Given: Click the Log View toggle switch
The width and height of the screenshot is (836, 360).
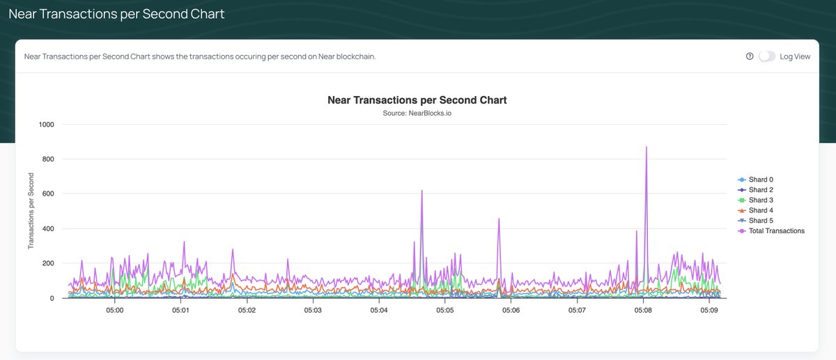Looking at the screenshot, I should point(766,56).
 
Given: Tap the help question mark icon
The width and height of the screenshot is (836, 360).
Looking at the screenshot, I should point(750,56).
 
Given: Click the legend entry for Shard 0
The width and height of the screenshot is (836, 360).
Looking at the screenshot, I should point(760,180).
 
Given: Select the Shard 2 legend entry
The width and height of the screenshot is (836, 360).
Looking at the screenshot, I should point(760,190).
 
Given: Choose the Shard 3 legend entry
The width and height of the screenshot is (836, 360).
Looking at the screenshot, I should point(760,201).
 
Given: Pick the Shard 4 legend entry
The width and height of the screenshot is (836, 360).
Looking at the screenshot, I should point(760,210).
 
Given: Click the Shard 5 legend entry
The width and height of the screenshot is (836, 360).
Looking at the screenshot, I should point(760,221).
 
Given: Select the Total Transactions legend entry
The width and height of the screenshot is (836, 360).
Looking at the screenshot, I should point(775,231).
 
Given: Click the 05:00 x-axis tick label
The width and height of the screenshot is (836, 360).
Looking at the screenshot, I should point(114,311).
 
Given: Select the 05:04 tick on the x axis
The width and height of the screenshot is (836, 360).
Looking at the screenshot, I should point(379,311).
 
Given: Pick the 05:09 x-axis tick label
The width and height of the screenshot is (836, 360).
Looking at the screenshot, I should point(709,311).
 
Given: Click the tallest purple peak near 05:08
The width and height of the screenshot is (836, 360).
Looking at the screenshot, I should point(647,148).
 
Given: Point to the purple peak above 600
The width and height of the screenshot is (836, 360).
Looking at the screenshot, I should point(422,191).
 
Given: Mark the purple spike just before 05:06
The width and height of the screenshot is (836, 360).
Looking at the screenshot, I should point(499,219).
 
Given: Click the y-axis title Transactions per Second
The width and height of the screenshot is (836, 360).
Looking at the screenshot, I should point(31,211).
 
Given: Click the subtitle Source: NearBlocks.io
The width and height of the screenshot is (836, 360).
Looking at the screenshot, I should point(417,113).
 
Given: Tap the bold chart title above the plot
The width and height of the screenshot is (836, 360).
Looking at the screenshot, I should point(417,100).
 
